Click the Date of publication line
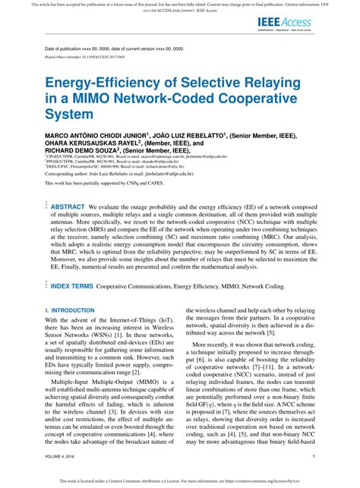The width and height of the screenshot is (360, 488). point(114,49)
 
